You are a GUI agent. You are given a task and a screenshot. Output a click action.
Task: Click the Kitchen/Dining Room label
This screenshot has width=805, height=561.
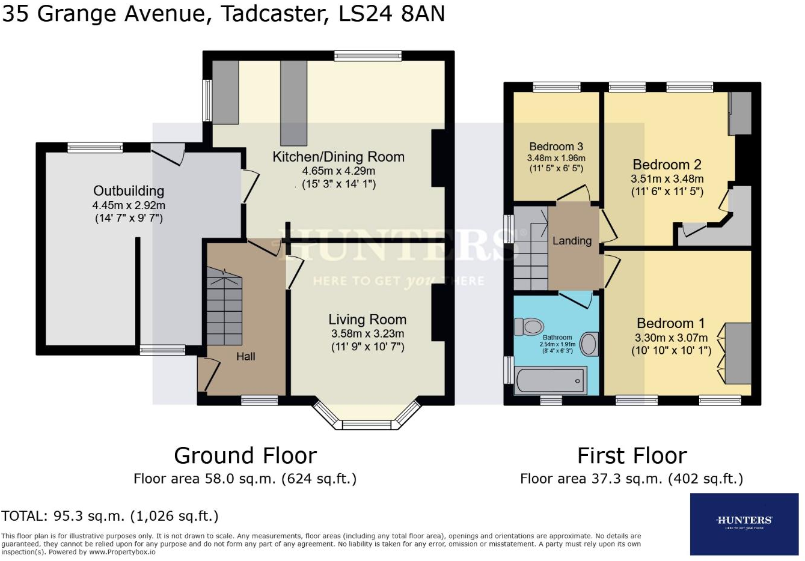click(338, 157)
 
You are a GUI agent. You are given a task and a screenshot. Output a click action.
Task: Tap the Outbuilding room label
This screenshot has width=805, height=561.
click(129, 191)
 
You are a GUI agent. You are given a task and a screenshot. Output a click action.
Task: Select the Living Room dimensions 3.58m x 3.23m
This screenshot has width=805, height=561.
click(367, 334)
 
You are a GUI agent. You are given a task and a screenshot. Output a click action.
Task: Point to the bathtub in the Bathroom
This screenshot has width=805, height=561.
click(550, 381)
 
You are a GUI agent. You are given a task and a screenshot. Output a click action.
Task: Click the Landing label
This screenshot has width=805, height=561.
click(572, 241)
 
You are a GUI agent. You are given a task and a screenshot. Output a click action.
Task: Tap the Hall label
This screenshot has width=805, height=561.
click(245, 356)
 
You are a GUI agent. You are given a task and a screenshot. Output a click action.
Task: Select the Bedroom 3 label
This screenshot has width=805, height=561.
click(556, 147)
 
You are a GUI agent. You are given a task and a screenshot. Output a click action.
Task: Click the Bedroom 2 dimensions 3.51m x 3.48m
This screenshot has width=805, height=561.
click(667, 179)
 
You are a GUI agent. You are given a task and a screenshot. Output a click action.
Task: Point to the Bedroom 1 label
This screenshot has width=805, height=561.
click(670, 323)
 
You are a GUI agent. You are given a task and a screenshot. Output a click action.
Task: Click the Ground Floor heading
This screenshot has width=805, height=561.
click(245, 456)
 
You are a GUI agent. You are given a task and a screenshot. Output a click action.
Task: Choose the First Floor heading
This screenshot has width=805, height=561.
click(632, 456)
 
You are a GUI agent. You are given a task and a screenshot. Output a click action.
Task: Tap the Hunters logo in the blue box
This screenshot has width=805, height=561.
click(744, 521)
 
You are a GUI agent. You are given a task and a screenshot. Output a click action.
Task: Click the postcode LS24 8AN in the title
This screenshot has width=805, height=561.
click(391, 14)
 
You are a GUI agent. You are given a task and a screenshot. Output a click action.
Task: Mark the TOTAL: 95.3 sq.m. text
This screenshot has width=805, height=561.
click(110, 516)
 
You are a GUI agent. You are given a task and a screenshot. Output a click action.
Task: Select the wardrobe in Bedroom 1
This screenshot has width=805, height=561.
click(738, 353)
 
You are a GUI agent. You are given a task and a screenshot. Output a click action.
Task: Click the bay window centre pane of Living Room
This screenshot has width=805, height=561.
click(367, 425)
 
